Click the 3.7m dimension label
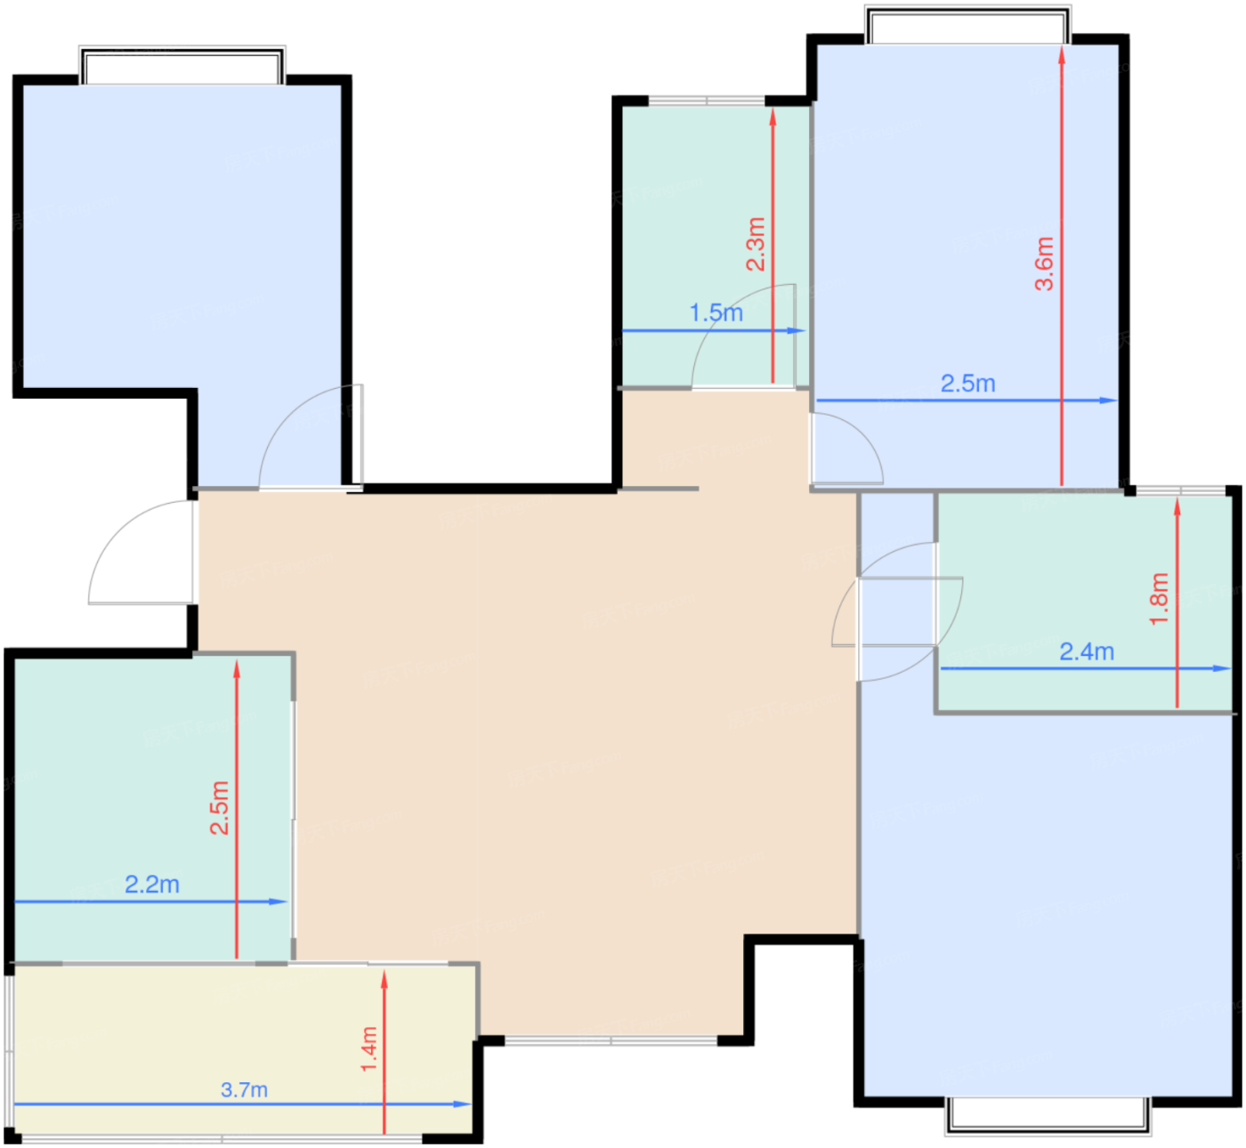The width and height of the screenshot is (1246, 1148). [244, 1089]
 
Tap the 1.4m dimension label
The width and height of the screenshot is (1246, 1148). [369, 1049]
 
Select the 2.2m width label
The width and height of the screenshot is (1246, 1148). [152, 884]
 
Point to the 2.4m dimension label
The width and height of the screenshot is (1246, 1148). [1087, 651]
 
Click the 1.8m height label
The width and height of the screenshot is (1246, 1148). [1159, 599]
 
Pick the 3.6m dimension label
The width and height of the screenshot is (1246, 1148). [1044, 263]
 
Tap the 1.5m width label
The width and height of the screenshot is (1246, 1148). [716, 312]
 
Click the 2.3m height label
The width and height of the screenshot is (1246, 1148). [756, 244]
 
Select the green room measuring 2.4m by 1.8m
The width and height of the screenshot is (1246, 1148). [1085, 602]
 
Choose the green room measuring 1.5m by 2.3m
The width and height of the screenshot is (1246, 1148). [716, 246]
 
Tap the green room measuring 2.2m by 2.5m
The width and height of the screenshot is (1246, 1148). [153, 808]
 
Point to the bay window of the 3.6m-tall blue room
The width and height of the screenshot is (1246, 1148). [967, 25]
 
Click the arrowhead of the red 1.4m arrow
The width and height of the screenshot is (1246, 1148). [384, 979]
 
